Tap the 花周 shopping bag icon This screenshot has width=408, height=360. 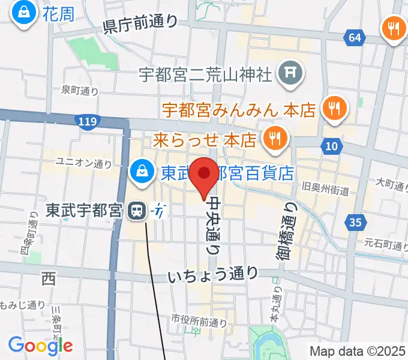[x=25, y=14]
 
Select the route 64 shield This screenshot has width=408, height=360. [x=355, y=38]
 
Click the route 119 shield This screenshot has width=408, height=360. [x=87, y=122]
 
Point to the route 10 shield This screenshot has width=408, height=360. [x=332, y=146]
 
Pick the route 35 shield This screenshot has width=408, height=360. [x=355, y=223]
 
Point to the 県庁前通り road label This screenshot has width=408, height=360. [x=140, y=24]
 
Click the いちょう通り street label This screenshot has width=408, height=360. [x=213, y=275]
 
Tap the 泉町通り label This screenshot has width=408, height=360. [x=80, y=91]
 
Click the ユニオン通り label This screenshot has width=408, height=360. [x=83, y=162]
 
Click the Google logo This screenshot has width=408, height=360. [x=40, y=345]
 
